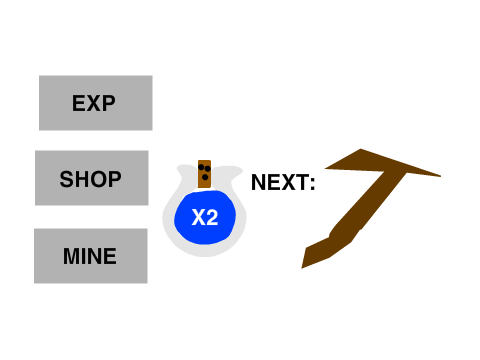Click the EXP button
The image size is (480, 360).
click(x=96, y=103)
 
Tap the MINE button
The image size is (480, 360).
click(x=91, y=256)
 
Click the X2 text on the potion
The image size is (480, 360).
click(x=205, y=218)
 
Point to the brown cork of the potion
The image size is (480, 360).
click(x=204, y=174)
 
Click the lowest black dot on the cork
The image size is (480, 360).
click(x=205, y=177)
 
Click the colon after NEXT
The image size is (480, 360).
click(x=312, y=184)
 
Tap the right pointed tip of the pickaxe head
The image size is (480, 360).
click(x=440, y=176)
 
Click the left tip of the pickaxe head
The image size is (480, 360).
click(x=326, y=168)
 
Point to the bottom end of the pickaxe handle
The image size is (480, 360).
click(x=302, y=267)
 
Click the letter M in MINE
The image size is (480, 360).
click(x=71, y=256)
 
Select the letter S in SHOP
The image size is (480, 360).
click(x=66, y=179)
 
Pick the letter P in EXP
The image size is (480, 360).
click(x=109, y=103)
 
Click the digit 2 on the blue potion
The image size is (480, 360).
click(x=212, y=218)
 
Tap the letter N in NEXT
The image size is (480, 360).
click(x=258, y=182)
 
